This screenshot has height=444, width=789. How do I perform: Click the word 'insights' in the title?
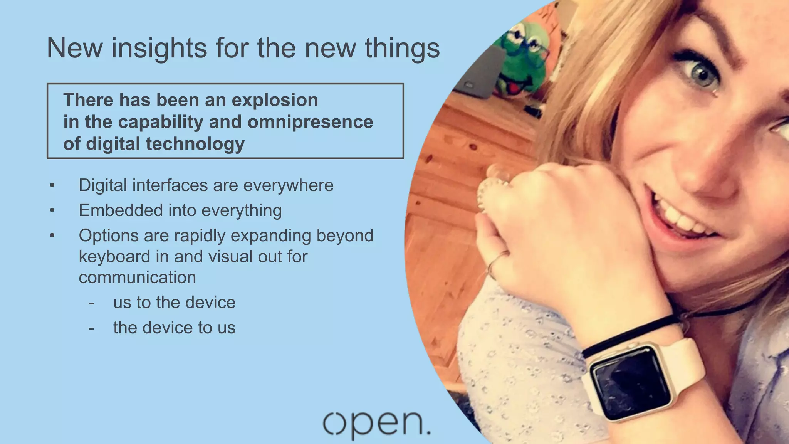pos(159,48)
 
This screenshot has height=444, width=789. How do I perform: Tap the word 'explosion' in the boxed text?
pos(274,100)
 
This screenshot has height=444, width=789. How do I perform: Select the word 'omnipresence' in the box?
pos(310,122)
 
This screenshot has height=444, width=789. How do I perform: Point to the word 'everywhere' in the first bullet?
pos(288,185)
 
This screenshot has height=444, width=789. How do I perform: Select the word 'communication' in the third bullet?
pos(137,277)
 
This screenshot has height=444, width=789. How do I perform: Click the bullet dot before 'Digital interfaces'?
pos(52,185)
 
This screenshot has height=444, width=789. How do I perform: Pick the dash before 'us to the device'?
pos(91,303)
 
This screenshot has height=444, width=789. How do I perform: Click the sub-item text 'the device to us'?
pos(174,328)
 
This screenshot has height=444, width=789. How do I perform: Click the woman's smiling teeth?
pos(682,220)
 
